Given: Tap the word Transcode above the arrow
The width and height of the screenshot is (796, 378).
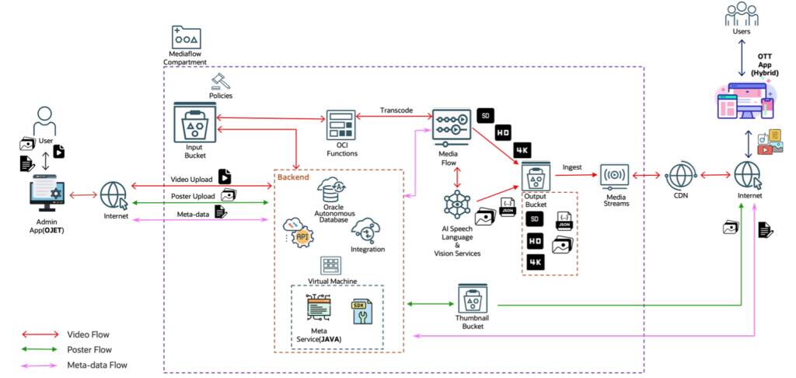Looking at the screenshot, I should click(x=396, y=110).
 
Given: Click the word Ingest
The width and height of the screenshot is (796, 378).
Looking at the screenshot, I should click(x=571, y=167).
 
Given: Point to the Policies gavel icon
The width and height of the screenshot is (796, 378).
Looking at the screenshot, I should click(x=220, y=82).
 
